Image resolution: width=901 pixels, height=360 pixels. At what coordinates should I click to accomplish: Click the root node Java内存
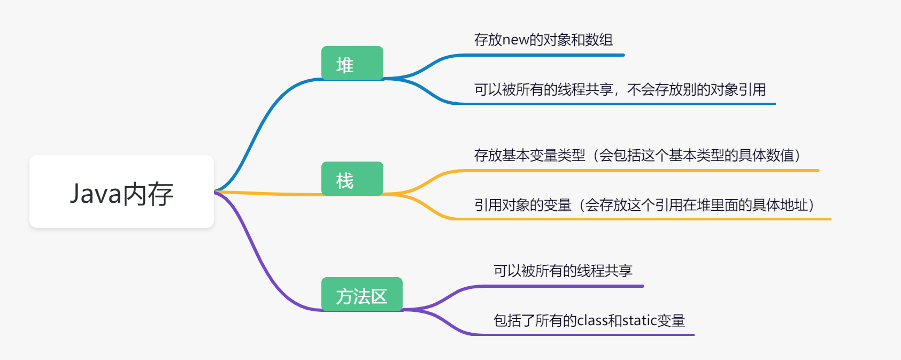121,192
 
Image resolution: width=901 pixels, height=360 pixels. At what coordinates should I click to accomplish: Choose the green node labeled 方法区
361,295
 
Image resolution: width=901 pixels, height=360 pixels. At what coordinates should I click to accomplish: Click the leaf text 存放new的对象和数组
543,40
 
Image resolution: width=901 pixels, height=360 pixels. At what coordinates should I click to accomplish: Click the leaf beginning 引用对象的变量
644,205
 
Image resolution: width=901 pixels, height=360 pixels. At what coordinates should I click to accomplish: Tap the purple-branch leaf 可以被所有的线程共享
563,271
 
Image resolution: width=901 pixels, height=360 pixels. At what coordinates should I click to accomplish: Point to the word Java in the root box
96,193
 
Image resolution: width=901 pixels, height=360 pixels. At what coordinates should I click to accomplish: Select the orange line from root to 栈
267,193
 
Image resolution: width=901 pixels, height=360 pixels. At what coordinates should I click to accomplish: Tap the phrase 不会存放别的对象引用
696,89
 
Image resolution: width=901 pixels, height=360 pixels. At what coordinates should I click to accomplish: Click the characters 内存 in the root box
148,193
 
